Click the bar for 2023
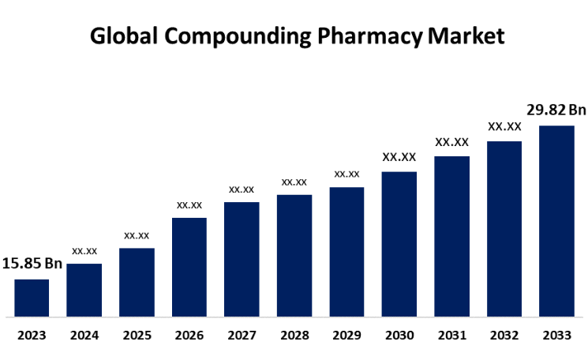click(x=32, y=298)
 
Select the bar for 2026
click(x=189, y=267)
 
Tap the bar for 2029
click(x=346, y=252)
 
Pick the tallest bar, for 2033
click(x=556, y=221)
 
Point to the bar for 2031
click(x=451, y=236)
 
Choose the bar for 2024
click(x=84, y=290)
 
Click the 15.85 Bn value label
click(x=32, y=263)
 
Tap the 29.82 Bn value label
click(x=557, y=110)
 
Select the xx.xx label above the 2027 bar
click(x=242, y=189)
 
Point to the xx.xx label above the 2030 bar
click(x=399, y=157)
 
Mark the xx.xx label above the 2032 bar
click(x=504, y=126)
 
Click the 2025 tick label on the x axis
click(x=137, y=336)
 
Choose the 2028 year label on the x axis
click(x=294, y=336)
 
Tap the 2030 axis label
click(x=399, y=336)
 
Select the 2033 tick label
click(x=556, y=336)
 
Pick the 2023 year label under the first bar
click(x=32, y=336)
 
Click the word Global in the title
click(x=118, y=36)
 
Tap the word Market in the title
click(x=465, y=36)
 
